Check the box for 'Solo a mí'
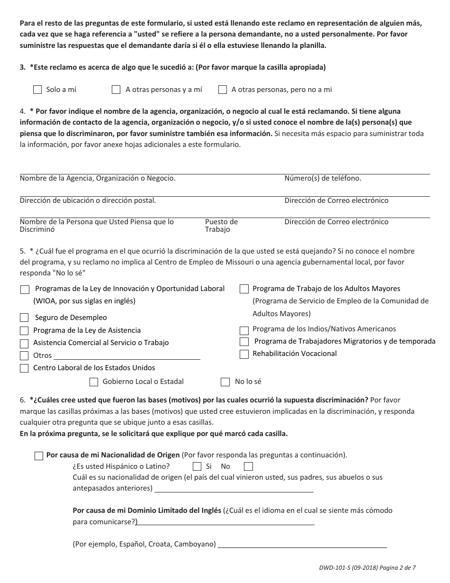(38, 90)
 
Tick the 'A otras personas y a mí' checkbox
(116, 90)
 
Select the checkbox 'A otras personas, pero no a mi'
(223, 90)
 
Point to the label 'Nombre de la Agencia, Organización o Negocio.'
(98, 179)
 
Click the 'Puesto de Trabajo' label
(221, 226)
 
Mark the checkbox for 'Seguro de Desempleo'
(24, 318)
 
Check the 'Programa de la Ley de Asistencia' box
(24, 330)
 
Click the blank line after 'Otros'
(126, 356)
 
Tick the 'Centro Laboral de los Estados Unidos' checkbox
(24, 368)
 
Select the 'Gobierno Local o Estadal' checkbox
(94, 382)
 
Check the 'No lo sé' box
(225, 382)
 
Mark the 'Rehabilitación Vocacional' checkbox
(244, 354)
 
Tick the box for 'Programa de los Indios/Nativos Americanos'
(244, 330)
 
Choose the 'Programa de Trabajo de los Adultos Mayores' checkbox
(244, 289)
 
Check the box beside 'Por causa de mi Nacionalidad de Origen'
(39, 455)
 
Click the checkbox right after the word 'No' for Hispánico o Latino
(248, 466)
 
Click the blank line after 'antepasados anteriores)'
(234, 489)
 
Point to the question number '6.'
(23, 400)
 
